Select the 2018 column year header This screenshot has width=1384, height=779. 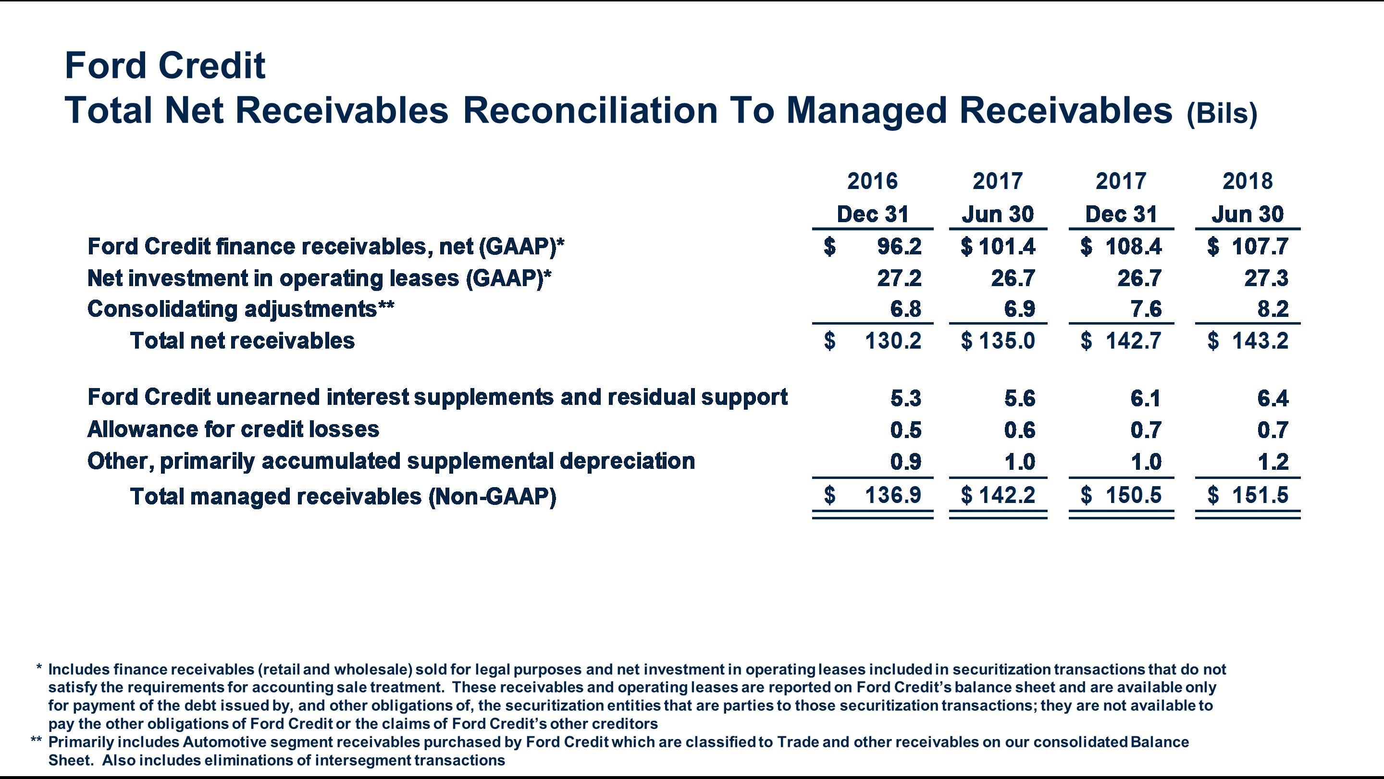1247,181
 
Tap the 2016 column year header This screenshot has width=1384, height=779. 872,181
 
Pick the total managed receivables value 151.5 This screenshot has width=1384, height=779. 1260,495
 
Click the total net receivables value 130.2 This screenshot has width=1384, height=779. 892,341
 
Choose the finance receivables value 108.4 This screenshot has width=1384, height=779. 1133,246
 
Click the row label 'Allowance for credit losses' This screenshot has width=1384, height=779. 233,429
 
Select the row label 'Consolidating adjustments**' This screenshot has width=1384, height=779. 241,309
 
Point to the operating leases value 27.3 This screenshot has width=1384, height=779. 1266,278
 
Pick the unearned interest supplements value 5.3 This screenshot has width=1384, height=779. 905,398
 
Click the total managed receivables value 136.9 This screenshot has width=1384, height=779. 892,495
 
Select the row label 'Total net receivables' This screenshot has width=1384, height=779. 242,341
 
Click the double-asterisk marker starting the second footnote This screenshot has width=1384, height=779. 36,741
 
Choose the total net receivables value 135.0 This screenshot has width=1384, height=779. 1006,341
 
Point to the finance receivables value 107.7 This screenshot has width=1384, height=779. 1260,246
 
